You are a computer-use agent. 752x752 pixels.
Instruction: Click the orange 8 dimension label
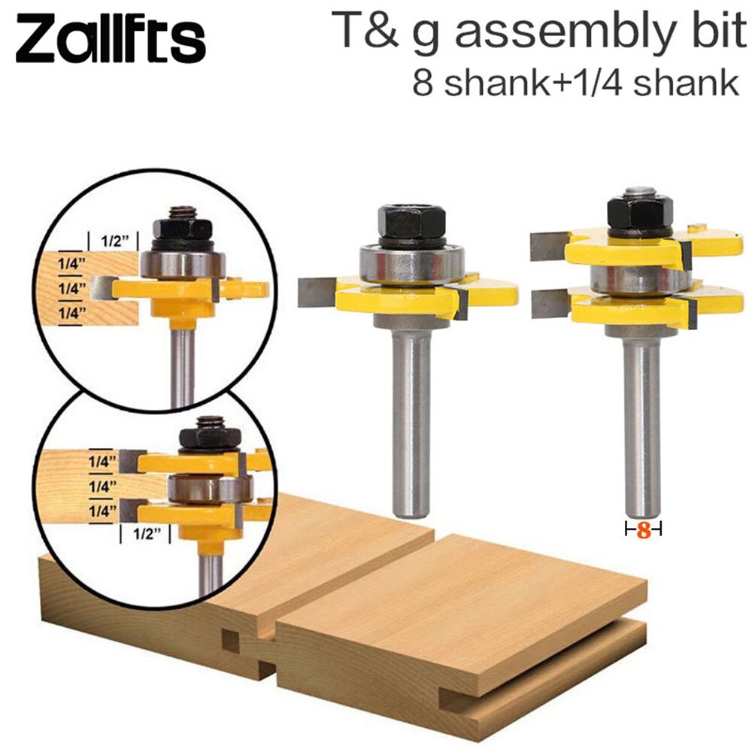643,530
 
